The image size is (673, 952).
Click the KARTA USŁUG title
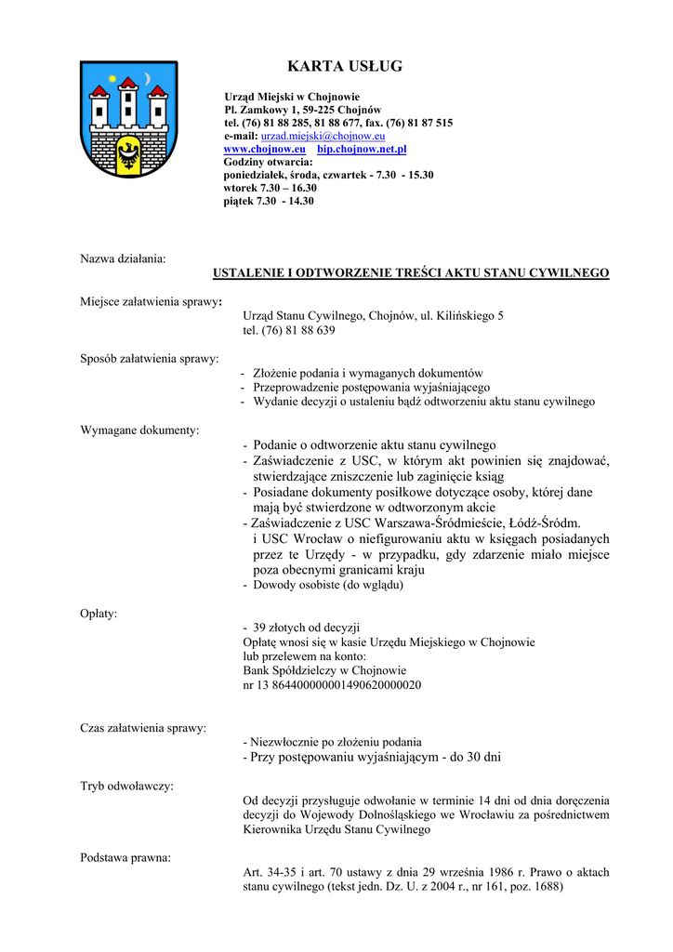pyautogui.click(x=345, y=66)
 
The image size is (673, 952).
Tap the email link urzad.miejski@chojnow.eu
pyautogui.click(x=311, y=136)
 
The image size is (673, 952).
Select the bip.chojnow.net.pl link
pyautogui.click(x=362, y=149)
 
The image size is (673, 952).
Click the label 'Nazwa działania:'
pyautogui.click(x=123, y=258)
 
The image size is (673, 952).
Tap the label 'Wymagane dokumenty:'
pyautogui.click(x=139, y=430)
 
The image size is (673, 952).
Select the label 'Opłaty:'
pyautogui.click(x=99, y=614)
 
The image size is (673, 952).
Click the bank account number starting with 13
pyautogui.click(x=332, y=685)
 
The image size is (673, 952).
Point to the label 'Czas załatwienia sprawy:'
pyautogui.click(x=143, y=728)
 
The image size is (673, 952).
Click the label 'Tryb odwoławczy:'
pyautogui.click(x=126, y=786)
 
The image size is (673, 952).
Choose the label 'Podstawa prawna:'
pyautogui.click(x=125, y=857)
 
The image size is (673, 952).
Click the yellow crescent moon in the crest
pyautogui.click(x=148, y=77)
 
